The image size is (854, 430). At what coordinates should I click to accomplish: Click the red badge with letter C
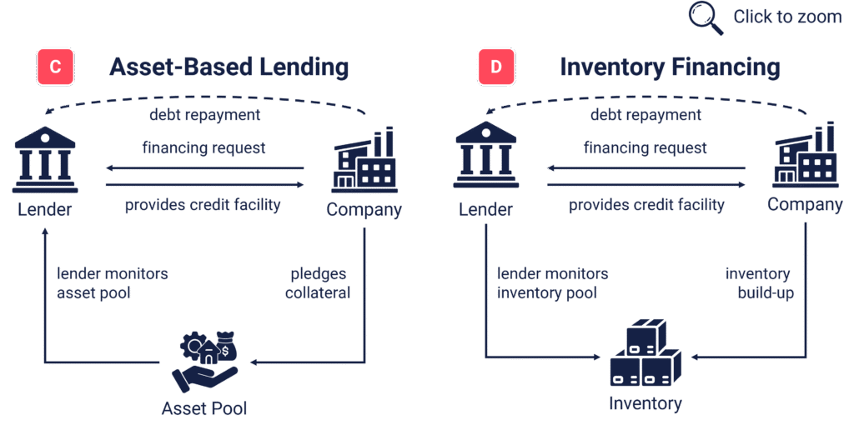[x=55, y=67]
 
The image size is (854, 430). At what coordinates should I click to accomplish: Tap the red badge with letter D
[x=496, y=67]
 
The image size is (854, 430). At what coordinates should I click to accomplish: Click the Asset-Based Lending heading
[x=229, y=67]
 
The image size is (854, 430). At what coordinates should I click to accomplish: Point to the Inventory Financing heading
[x=670, y=67]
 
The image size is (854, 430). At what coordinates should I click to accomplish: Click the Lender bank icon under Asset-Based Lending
[x=45, y=160]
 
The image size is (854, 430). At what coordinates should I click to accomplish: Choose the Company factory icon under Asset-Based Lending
[x=364, y=160]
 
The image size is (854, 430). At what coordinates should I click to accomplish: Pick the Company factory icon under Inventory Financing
[x=806, y=155]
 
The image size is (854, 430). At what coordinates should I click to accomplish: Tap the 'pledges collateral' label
[x=318, y=283]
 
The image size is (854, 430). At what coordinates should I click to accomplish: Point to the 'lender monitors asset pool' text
[x=113, y=283]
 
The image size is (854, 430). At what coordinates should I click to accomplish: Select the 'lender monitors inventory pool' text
[x=552, y=283]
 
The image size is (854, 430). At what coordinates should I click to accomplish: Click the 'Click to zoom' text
[x=787, y=17]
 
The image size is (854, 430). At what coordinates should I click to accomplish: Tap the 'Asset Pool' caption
[x=204, y=408]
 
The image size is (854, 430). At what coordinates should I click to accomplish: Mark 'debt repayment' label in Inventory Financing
[x=646, y=115]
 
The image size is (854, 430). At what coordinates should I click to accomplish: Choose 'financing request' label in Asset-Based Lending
[x=204, y=147]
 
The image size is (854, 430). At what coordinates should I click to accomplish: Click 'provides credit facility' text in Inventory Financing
[x=646, y=205]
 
